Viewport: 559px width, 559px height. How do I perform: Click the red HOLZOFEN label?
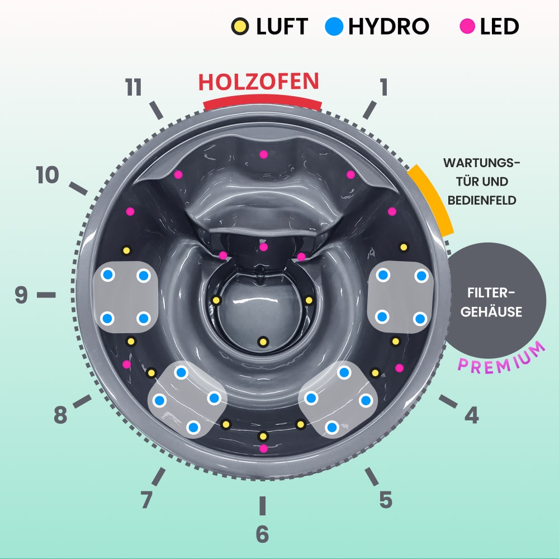(258, 82)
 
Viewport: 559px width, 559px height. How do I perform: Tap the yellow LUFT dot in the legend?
(240, 26)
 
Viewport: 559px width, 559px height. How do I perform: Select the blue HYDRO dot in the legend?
(334, 26)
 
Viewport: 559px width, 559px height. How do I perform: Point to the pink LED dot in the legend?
(467, 26)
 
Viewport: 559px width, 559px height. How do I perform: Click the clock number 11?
(134, 88)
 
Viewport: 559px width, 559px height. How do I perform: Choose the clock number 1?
(383, 87)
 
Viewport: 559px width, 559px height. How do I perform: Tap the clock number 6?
(262, 534)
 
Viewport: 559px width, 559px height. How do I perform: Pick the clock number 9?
(21, 295)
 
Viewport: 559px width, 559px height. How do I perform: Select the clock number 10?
(48, 176)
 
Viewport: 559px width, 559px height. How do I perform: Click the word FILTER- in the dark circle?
(495, 293)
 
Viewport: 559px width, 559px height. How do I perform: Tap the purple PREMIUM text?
(501, 357)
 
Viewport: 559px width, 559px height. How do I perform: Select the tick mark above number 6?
(262, 505)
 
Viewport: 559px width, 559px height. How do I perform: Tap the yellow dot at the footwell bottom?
(262, 341)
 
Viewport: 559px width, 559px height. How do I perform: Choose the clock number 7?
(146, 500)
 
